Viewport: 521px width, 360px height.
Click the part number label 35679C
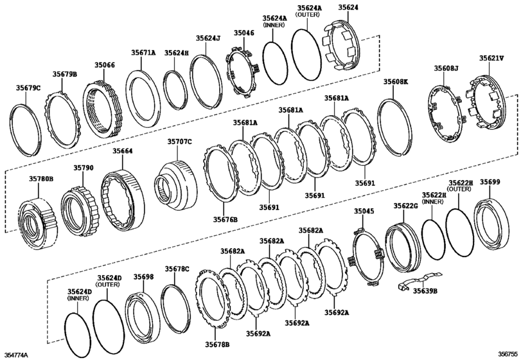[x=28, y=87]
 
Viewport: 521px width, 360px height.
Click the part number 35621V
[x=491, y=58]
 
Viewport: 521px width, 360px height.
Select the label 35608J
[x=446, y=67]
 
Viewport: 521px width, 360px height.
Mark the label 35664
[x=123, y=151]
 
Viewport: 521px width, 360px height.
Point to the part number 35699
[x=490, y=182]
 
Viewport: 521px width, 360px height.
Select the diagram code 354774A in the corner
[x=17, y=354]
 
